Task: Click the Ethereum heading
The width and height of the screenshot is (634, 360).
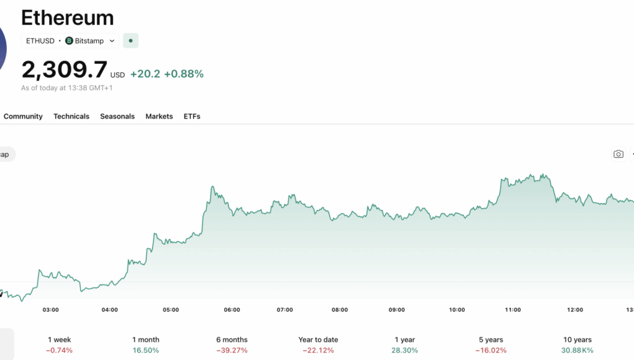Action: point(68,17)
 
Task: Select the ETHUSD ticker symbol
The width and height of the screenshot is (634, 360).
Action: point(40,41)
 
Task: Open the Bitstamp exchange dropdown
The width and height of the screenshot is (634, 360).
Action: point(91,41)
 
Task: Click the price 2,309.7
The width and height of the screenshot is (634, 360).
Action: point(64,70)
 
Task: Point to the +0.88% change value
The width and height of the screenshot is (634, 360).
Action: point(184,74)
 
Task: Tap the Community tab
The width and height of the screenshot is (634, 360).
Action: point(23,116)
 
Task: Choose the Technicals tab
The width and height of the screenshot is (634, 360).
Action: point(71,116)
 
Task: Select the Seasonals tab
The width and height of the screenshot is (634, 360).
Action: point(117,116)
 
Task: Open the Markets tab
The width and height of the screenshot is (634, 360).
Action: point(159,116)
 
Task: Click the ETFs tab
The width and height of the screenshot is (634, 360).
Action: point(192,116)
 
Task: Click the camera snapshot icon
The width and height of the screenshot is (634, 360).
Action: point(618,154)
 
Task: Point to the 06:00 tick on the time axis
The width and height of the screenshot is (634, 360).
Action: point(232,310)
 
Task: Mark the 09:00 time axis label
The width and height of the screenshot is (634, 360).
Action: point(397,310)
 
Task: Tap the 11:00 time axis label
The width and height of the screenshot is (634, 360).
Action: point(513,310)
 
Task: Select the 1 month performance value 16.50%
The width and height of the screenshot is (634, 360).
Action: point(146,350)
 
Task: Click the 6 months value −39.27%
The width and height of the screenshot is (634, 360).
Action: point(232,350)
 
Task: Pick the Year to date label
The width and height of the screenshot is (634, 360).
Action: point(318,340)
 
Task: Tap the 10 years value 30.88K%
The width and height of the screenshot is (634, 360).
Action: point(577,350)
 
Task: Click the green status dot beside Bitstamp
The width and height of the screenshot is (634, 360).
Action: point(130,41)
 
